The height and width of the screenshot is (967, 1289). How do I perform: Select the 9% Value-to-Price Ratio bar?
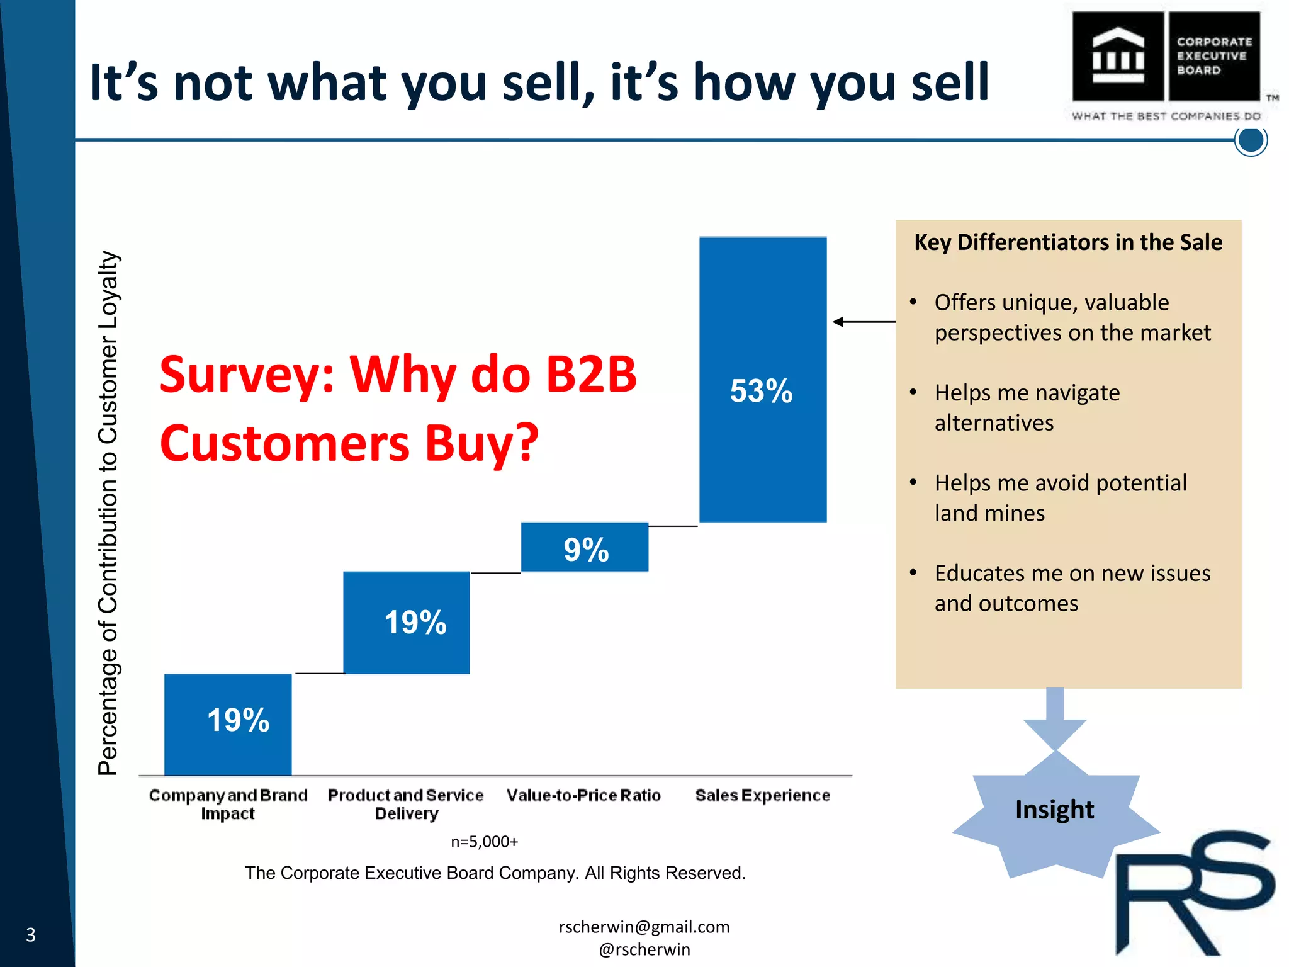pos(585,547)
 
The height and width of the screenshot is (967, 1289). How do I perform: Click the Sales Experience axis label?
pos(762,796)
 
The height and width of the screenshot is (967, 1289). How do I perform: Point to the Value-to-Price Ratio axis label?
pos(583,796)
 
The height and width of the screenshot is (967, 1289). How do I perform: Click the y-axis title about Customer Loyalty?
pos(108,513)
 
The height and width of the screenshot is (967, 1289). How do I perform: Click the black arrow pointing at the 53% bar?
pos(863,322)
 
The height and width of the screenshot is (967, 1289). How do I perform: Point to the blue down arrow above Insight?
pos(1055,718)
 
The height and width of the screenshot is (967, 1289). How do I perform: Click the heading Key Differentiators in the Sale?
pos(1068,242)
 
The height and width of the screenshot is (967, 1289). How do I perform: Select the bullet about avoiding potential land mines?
pos(1061,498)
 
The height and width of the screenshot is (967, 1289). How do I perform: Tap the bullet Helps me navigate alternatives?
pos(1027,407)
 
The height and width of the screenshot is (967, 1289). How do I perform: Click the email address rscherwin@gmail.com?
pos(644,927)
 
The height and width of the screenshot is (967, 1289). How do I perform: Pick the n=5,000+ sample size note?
pos(484,842)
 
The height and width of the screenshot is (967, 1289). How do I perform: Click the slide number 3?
pos(30,935)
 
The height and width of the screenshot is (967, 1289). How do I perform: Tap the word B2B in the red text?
pos(590,375)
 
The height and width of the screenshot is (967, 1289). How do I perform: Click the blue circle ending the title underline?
pos(1251,140)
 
